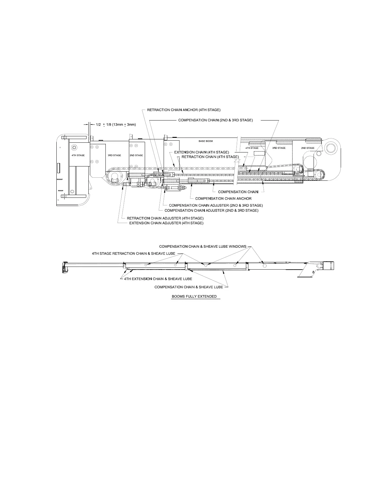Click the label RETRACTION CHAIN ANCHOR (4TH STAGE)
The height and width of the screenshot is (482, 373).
[183, 110]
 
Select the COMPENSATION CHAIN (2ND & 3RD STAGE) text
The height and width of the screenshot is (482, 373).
[215, 120]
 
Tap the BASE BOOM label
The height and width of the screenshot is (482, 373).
[206, 141]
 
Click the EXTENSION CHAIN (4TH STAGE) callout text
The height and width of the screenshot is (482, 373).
[201, 152]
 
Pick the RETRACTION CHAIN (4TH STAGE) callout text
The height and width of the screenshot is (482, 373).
[210, 157]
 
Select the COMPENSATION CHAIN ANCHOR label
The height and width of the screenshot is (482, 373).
[223, 198]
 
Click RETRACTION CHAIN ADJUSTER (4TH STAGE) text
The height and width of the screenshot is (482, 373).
[165, 218]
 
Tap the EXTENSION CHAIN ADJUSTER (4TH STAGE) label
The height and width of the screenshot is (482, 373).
[166, 223]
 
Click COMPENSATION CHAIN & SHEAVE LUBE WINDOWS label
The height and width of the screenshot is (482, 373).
[203, 246]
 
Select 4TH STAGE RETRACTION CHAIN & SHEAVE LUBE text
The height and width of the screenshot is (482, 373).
[133, 253]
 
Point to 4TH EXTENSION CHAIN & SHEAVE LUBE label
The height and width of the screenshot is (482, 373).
[158, 279]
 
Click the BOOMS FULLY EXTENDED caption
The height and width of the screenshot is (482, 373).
[194, 296]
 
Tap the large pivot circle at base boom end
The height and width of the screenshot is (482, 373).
[330, 148]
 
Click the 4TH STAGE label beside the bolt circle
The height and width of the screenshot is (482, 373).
[78, 155]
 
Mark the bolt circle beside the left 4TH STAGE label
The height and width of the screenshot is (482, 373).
[74, 148]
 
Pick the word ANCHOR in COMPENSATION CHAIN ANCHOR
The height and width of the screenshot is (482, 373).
[243, 198]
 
